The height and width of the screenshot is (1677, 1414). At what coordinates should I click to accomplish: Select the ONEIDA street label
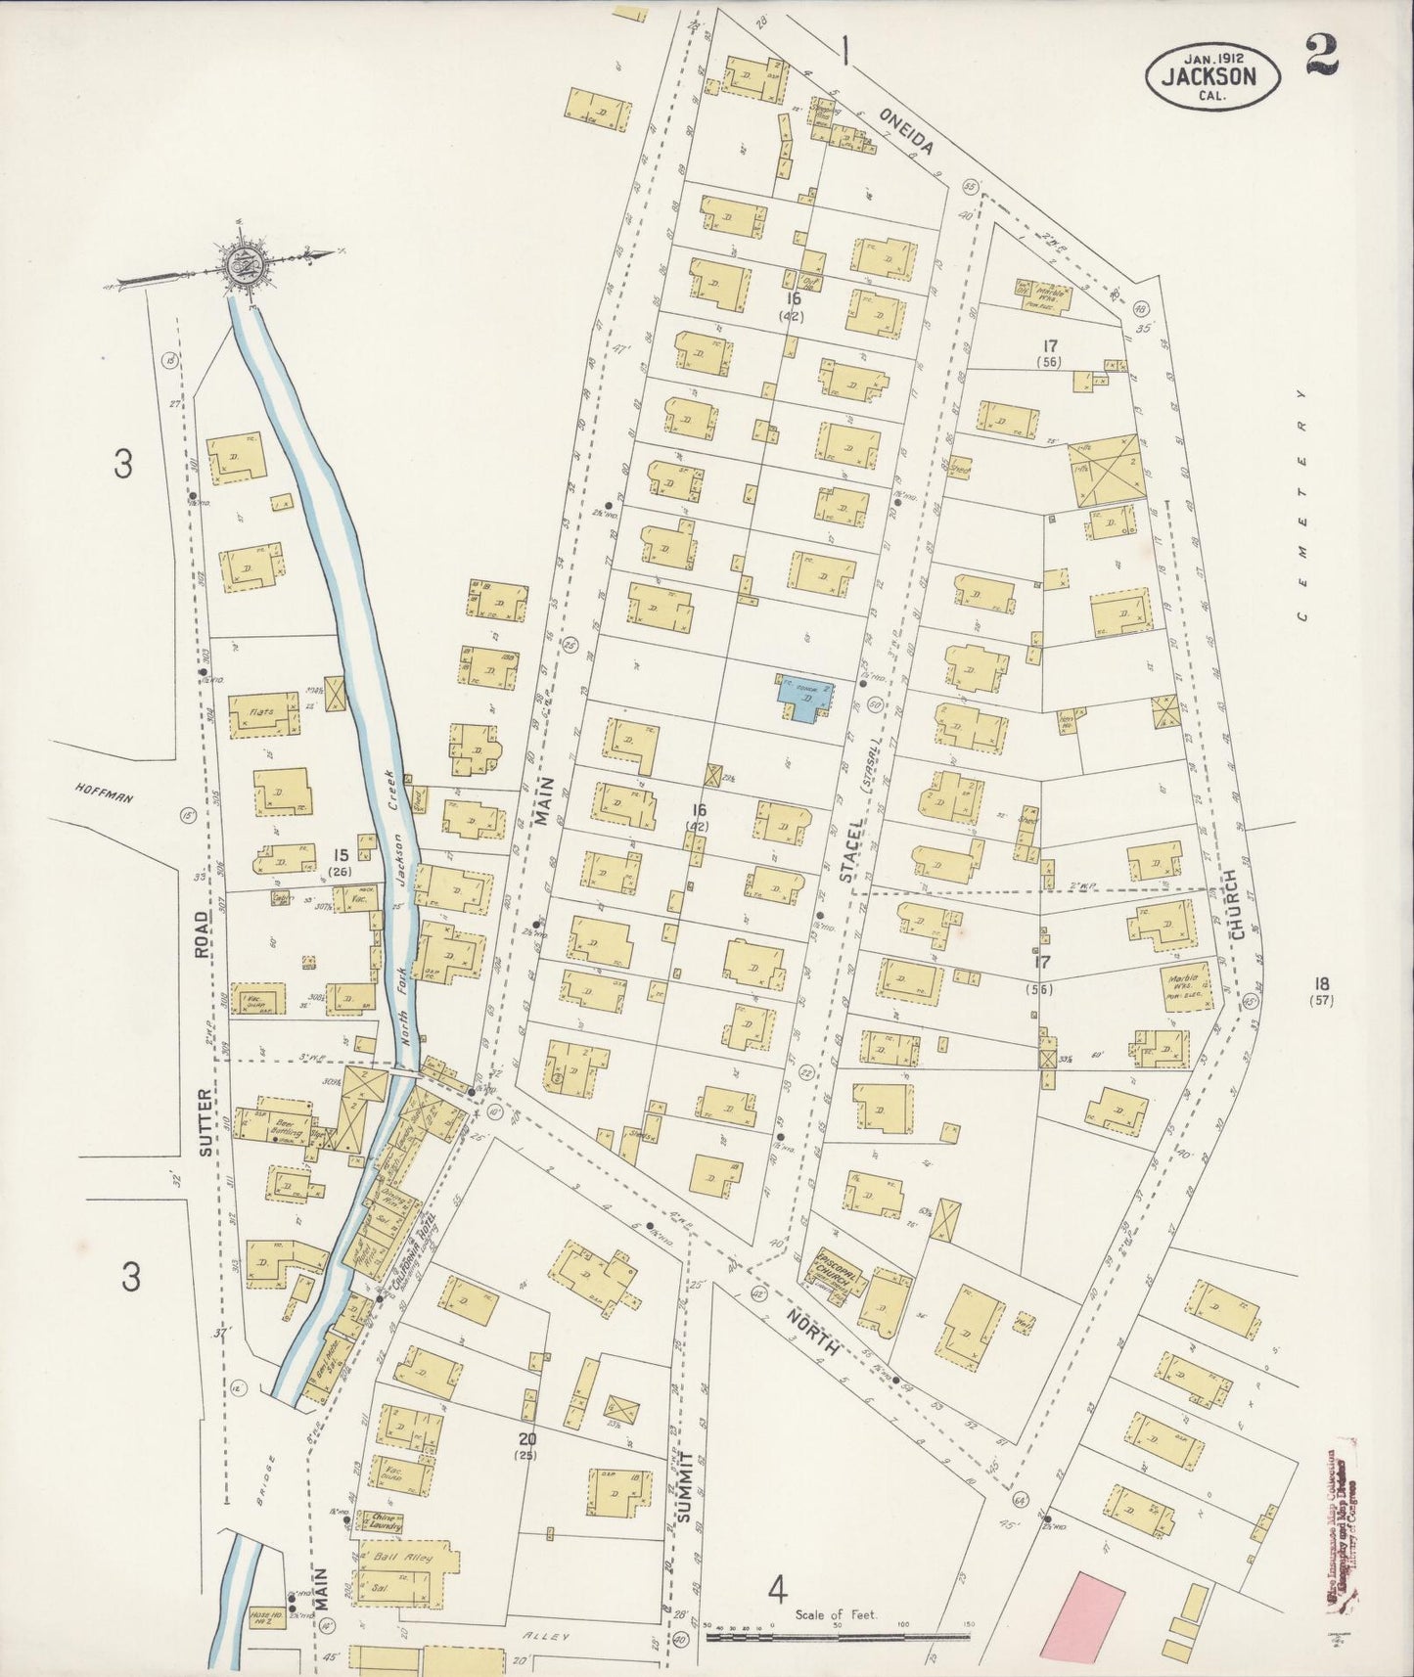tap(907, 132)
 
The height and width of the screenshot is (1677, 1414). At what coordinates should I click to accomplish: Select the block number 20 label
tap(528, 1439)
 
